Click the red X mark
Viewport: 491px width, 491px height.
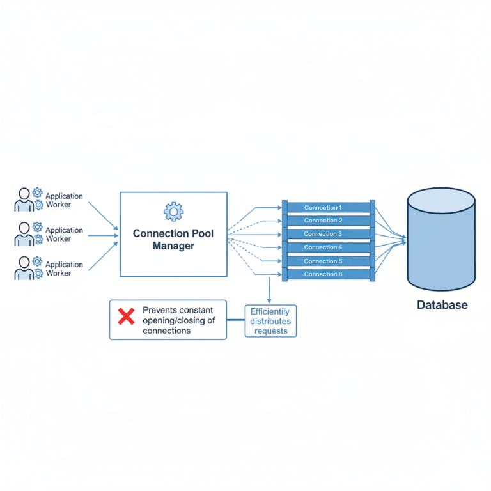[x=127, y=316]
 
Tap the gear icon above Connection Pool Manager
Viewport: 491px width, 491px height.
[x=173, y=211]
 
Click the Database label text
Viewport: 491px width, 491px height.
[x=442, y=305]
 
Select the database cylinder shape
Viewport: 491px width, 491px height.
[x=441, y=240]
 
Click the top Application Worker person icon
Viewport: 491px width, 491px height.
[x=24, y=199]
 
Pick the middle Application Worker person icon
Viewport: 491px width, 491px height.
[x=24, y=234]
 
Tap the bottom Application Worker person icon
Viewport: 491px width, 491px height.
[x=24, y=269]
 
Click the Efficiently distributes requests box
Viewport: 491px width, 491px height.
[x=271, y=321]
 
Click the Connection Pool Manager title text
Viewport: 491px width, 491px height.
[x=173, y=239]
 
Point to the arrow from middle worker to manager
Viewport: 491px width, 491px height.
[x=102, y=235]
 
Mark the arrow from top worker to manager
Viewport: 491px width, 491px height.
[x=102, y=215]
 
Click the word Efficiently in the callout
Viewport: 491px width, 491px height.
[x=270, y=312]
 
